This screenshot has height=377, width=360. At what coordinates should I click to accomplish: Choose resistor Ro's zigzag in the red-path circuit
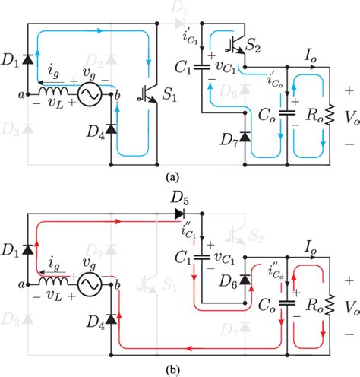pyautogui.click(x=328, y=307)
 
